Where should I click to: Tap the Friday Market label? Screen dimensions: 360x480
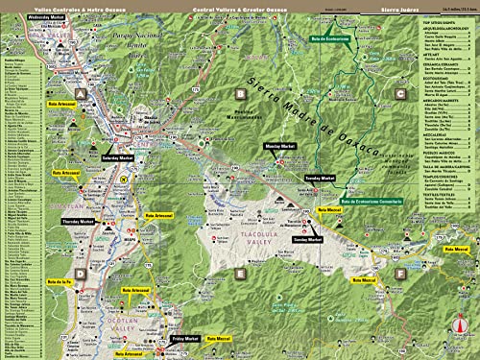[x=185, y=338]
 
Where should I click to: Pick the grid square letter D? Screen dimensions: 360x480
[x=82, y=274]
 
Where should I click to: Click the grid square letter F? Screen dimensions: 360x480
[x=398, y=274]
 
